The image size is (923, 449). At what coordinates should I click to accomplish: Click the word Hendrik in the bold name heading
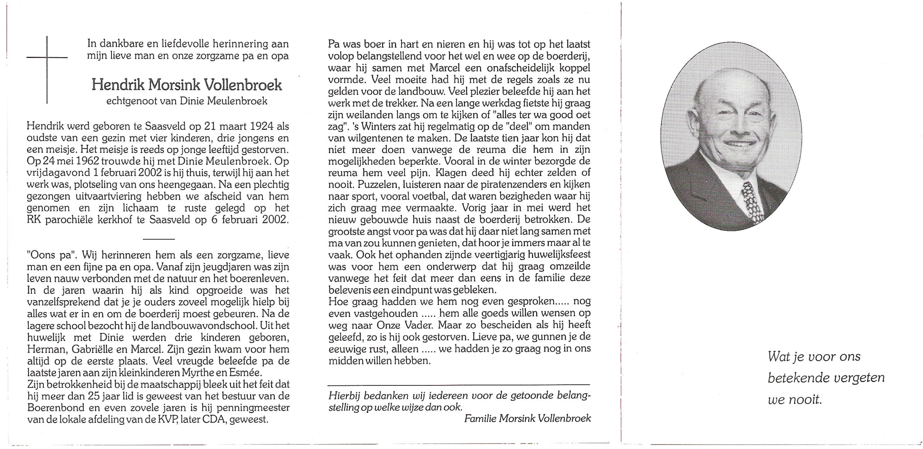coord(118,85)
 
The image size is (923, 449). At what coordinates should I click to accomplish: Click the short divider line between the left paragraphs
coord(159,239)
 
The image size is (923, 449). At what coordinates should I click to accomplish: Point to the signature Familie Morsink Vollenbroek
coord(527,419)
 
